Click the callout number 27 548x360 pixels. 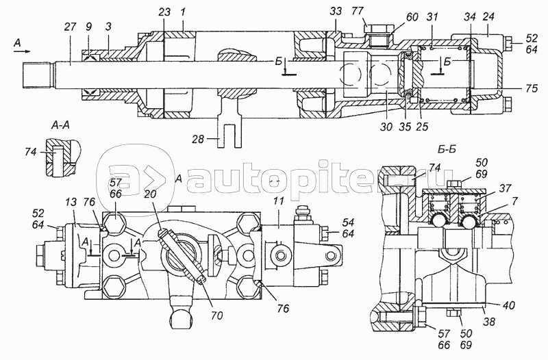(x=71, y=27)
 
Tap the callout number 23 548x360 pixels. (x=164, y=12)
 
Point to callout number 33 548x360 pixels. (x=336, y=12)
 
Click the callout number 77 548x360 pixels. (x=358, y=12)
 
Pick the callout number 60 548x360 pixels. (x=412, y=16)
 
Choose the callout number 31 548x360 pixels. (x=432, y=16)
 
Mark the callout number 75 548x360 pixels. (x=532, y=88)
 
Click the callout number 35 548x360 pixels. (x=405, y=126)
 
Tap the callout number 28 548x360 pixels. (x=198, y=139)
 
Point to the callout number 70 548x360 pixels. (x=216, y=316)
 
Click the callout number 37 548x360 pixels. (x=505, y=188)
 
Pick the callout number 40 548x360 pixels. (x=509, y=305)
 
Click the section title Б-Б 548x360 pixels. (x=447, y=149)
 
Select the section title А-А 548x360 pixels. (x=60, y=125)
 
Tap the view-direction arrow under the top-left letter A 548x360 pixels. (x=23, y=51)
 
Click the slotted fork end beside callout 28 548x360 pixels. (x=229, y=136)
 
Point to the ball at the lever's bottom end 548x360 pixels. (x=182, y=319)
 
